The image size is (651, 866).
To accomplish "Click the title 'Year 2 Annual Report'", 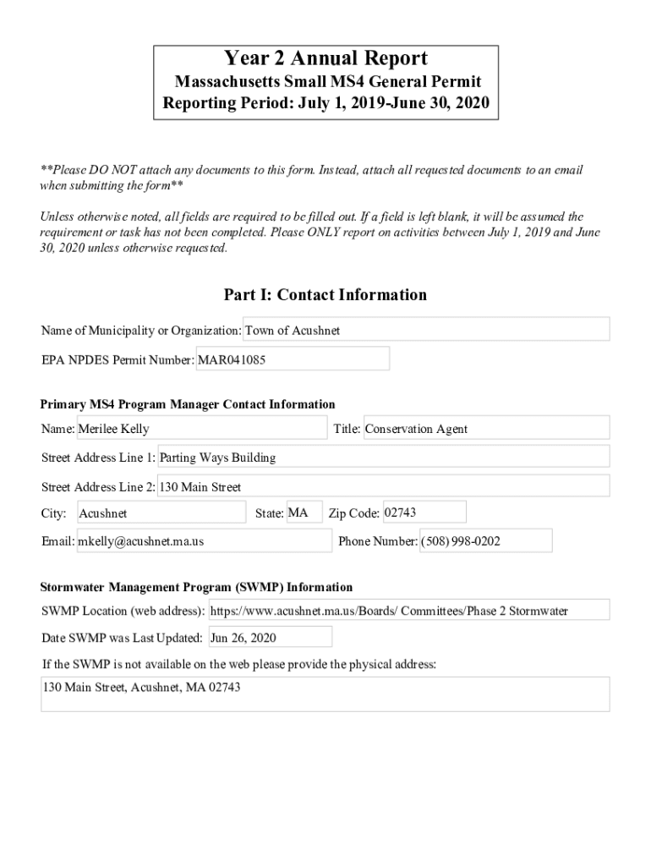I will tap(325, 58).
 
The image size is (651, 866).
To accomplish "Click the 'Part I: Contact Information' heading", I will tap(325, 295).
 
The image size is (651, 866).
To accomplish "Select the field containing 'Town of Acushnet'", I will tap(426, 330).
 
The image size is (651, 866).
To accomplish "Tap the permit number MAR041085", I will tap(293, 359).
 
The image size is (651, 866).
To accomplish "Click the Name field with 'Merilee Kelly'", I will tap(201, 429).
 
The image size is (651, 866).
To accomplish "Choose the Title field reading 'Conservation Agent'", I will tap(485, 429).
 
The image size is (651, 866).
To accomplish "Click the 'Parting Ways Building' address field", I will tap(383, 458).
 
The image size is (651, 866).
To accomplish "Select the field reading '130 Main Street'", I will tap(383, 487).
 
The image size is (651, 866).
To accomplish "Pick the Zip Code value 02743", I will tap(424, 512).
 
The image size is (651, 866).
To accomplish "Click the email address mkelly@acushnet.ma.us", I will tap(204, 541).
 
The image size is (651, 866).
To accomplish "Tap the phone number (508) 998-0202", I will tap(485, 541).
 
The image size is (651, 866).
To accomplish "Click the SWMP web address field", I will tap(408, 611).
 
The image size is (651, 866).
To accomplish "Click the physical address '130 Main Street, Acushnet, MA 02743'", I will tap(325, 693).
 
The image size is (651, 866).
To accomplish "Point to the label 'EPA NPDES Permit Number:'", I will tap(118, 360).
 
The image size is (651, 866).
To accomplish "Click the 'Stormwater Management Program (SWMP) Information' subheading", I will tap(197, 587).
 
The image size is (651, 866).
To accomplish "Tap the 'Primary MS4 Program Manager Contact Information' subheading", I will tap(188, 404).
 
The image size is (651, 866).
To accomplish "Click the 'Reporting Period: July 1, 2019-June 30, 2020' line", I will tap(325, 105).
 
